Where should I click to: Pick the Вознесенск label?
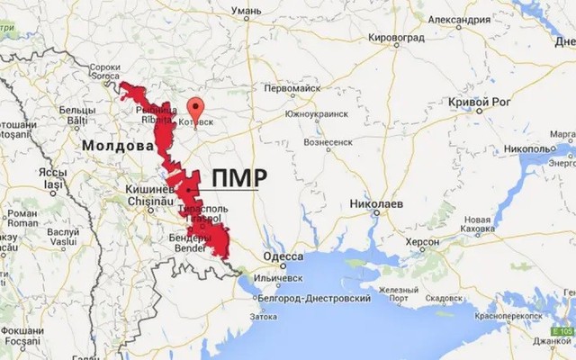328,142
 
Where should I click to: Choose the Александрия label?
458,20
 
